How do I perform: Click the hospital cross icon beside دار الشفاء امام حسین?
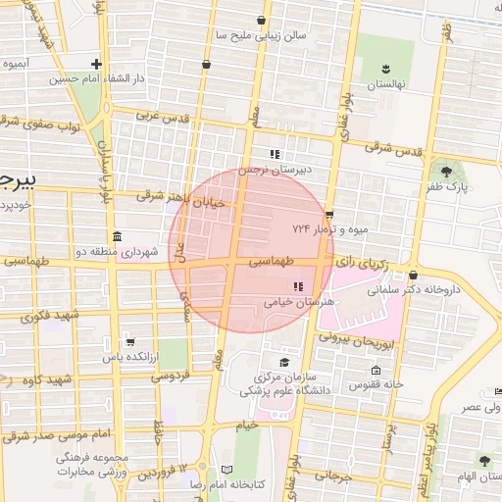click(96, 65)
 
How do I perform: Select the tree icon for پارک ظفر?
click(447, 172)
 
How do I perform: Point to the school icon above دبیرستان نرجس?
click(276, 154)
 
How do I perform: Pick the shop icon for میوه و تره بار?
click(329, 215)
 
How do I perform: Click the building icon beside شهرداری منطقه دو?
click(117, 237)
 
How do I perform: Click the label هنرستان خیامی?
click(300, 303)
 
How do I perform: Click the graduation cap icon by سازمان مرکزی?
click(284, 363)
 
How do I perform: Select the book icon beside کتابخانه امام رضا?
click(227, 471)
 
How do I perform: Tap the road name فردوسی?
click(168, 376)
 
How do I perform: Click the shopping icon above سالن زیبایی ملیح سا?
click(260, 20)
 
